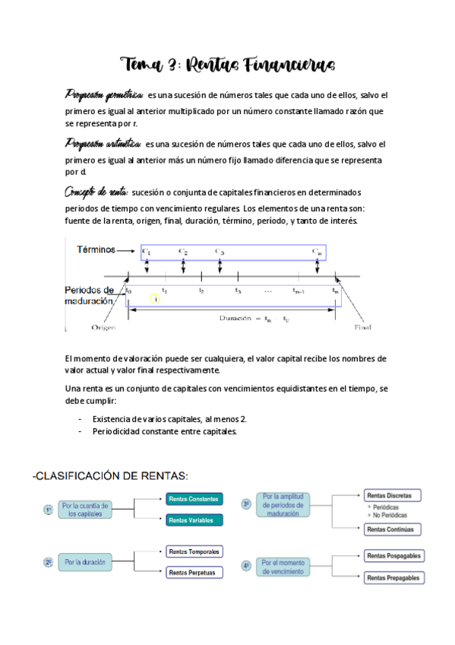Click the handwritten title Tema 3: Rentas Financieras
point(227,64)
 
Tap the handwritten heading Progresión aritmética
point(103,144)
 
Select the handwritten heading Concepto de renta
point(96,192)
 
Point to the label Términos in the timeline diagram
point(96,249)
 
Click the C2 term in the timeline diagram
point(183,251)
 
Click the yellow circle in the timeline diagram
point(155,300)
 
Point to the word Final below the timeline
point(362,328)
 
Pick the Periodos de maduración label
point(89,295)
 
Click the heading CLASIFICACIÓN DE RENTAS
point(110,476)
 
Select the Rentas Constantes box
point(194,499)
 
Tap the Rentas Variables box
point(194,521)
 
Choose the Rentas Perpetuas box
point(193,573)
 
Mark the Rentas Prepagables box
point(393,578)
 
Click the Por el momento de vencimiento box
point(283,567)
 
